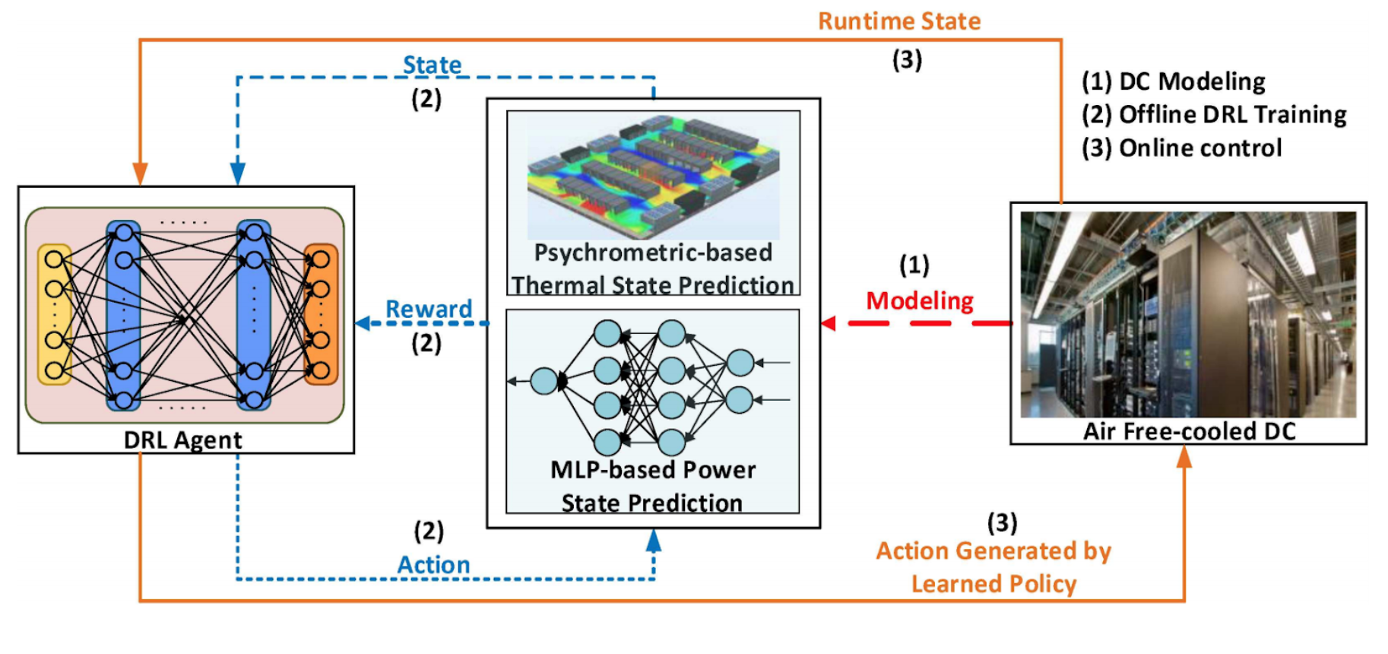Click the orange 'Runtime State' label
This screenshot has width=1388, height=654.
click(x=899, y=21)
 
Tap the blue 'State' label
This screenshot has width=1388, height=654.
click(x=432, y=65)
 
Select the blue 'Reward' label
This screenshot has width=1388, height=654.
click(x=429, y=310)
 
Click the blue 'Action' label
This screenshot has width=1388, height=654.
click(x=433, y=565)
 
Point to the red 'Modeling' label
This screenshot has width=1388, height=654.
click(x=920, y=301)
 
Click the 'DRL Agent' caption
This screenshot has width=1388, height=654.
click(x=183, y=440)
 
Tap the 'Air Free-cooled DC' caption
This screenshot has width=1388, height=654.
click(x=1189, y=431)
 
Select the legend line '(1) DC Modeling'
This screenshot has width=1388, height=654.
click(x=1174, y=81)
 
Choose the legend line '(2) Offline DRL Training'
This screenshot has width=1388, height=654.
click(x=1214, y=115)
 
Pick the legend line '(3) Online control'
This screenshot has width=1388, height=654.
click(x=1182, y=148)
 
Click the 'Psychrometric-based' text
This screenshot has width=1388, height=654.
click(x=653, y=252)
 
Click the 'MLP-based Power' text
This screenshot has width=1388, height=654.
click(x=653, y=470)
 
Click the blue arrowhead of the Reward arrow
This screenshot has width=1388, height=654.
click(x=363, y=323)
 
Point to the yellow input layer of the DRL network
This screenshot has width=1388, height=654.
click(x=54, y=314)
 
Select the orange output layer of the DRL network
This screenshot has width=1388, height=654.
click(x=321, y=314)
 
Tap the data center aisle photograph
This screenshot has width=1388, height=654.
click(x=1187, y=314)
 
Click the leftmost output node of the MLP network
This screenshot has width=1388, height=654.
click(x=544, y=381)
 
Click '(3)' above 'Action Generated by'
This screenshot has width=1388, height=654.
click(x=1002, y=523)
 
